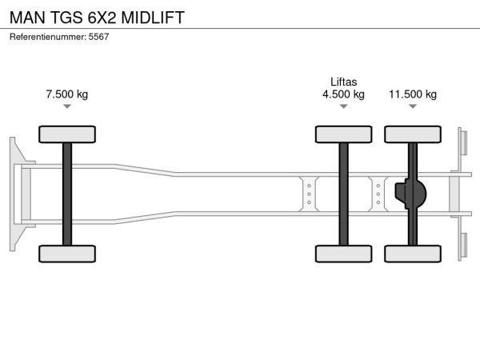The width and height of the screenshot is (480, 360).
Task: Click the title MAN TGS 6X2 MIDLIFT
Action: click(97, 18)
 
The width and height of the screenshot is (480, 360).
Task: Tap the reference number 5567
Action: click(98, 37)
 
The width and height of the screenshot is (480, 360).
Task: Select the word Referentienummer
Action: click(47, 37)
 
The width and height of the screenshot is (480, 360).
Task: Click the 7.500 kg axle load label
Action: click(67, 94)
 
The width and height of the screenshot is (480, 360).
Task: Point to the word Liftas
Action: click(343, 82)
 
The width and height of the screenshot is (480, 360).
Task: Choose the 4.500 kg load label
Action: click(343, 94)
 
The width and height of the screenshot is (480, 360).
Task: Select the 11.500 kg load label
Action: click(413, 94)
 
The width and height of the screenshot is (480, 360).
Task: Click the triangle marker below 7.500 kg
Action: click(67, 106)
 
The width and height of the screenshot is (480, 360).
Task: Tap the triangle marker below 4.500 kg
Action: click(343, 106)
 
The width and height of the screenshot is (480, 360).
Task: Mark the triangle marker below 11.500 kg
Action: click(413, 106)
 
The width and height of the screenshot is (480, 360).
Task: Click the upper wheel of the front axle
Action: click(67, 134)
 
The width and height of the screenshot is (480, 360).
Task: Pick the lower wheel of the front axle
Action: click(67, 254)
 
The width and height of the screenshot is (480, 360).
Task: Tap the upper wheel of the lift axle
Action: click(343, 134)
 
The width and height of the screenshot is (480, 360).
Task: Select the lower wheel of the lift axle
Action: click(343, 254)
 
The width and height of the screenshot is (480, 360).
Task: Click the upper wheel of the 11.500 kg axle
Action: click(413, 134)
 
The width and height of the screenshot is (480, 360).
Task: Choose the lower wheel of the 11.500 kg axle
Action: click(413, 254)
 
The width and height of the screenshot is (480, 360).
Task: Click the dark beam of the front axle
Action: click(67, 194)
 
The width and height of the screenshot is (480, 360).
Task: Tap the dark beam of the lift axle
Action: click(343, 194)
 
